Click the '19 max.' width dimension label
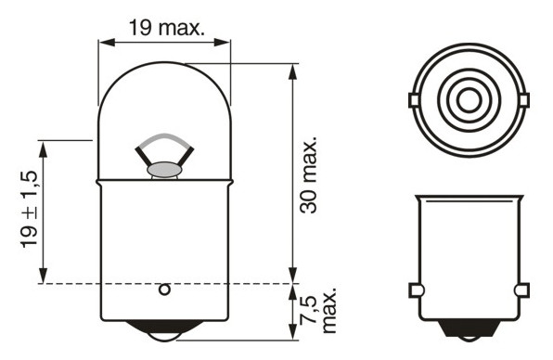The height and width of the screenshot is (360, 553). tap(166, 28)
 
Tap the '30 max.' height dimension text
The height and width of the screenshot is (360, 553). tap(308, 174)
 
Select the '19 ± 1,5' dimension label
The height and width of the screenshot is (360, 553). tap(29, 210)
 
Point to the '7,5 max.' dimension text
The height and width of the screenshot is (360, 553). tap(318, 310)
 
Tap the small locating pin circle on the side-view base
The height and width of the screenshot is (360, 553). tap(164, 289)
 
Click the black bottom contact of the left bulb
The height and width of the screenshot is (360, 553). tap(164, 330)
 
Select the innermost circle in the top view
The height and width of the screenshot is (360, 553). tap(469, 100)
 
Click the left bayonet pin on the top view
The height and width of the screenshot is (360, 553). tap(413, 100)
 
